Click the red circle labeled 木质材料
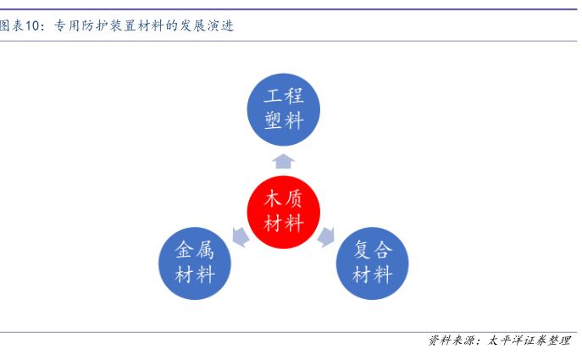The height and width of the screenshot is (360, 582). pos(284,212)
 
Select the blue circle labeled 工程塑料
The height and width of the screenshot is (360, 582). pos(284,108)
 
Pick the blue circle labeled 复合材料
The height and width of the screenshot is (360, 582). pos(372,263)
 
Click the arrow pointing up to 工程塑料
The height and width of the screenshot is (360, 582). pos(284,162)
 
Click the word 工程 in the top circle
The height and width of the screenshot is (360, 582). pos(284,97)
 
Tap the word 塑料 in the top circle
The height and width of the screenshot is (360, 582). pos(284,120)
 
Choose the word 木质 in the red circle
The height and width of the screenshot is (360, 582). pos(284,200)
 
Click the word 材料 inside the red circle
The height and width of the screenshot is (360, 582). pos(284,224)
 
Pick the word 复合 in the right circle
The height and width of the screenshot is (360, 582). pos(372,251)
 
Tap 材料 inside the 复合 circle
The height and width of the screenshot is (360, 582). pos(372,275)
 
